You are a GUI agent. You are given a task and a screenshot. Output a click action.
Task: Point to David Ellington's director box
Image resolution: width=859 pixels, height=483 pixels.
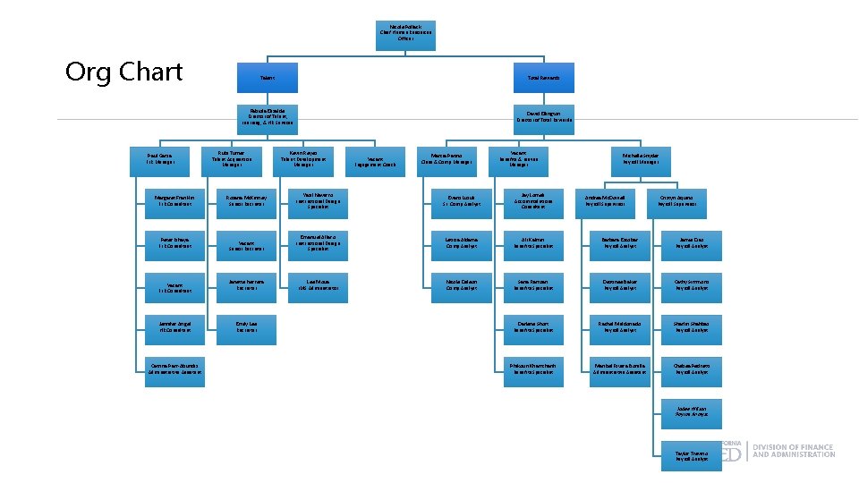[x=544, y=116]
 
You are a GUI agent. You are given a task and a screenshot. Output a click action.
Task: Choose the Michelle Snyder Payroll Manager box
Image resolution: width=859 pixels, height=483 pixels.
[x=641, y=159]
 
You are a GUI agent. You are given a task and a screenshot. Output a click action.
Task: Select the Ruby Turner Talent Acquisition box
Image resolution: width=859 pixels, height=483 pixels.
[x=232, y=159]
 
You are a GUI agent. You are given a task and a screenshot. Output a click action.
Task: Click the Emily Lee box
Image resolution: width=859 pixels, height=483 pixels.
[x=246, y=326]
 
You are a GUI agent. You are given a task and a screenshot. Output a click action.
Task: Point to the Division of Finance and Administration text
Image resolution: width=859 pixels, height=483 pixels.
[x=794, y=451]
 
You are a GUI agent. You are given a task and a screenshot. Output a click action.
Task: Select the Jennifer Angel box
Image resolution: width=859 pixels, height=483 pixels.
[x=174, y=326]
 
